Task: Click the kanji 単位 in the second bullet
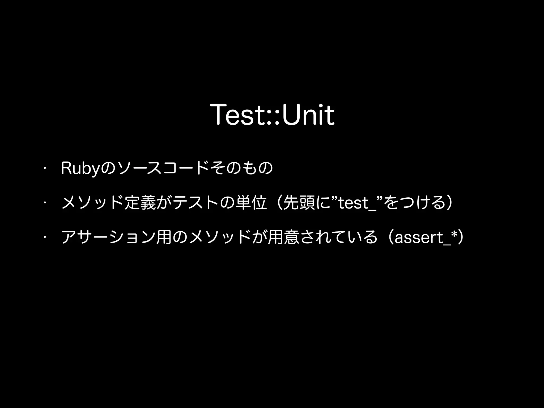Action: (249, 203)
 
